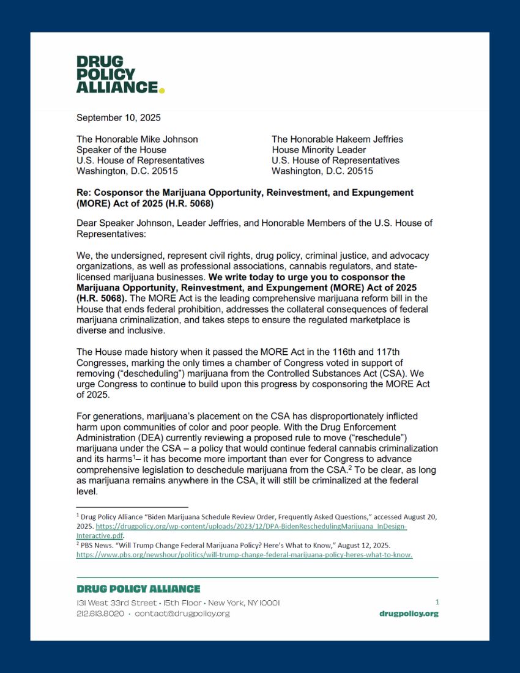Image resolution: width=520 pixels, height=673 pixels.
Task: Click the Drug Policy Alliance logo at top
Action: [x=120, y=75]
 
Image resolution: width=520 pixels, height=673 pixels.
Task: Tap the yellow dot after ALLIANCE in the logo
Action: [x=162, y=90]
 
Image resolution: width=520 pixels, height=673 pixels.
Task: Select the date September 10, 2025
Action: [x=119, y=117]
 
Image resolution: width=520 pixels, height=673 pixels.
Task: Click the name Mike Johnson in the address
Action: [x=171, y=139]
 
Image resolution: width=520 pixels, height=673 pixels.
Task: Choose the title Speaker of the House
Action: [x=121, y=150]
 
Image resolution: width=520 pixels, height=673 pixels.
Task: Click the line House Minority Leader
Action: [x=319, y=150]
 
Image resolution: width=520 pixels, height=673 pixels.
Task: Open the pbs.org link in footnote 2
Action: [x=245, y=555]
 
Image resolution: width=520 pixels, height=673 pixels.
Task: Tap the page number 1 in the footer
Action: [x=437, y=602]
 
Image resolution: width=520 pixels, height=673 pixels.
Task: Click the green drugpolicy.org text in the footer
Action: [x=409, y=614]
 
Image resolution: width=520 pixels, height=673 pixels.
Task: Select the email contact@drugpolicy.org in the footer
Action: [x=182, y=614]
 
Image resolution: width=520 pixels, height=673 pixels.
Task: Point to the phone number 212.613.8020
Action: [x=100, y=614]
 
